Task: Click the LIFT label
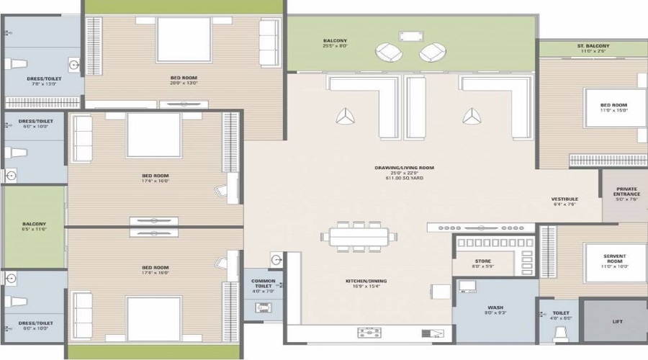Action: (x=618, y=322)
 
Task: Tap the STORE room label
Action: (x=483, y=261)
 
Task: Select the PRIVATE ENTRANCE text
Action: (x=626, y=192)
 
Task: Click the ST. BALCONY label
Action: (x=593, y=46)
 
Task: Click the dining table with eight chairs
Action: (x=359, y=237)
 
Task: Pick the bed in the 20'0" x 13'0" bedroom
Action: (x=184, y=40)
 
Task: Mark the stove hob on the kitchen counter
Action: (x=370, y=332)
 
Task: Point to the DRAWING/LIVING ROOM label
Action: (x=393, y=167)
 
